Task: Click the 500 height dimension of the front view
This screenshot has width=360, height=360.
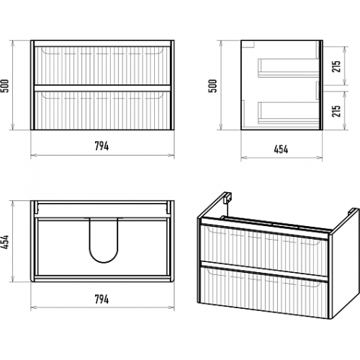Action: coord(5,86)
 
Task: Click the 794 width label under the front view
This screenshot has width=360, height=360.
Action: coord(102,146)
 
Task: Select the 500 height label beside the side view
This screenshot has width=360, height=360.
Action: coord(212,86)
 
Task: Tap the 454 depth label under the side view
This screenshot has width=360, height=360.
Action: coord(281,149)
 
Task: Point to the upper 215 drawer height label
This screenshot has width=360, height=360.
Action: coord(336,66)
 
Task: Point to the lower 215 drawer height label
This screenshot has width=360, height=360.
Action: coord(336,111)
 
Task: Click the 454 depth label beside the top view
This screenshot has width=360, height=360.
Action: coord(5,241)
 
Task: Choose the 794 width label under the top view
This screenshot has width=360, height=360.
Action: coord(102,300)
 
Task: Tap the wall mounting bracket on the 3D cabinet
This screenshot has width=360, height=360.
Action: coord(228,197)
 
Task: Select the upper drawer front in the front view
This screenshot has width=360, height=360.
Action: coord(102,66)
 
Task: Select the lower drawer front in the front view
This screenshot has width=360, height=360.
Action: coord(102,110)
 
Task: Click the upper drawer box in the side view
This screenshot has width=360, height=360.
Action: coord(289,68)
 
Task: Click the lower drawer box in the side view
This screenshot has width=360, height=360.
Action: coord(289,113)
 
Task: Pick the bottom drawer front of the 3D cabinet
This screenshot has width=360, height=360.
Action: coord(264,291)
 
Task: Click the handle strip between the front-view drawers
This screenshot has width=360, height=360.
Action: coord(102,88)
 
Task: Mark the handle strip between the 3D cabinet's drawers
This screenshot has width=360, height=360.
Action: coord(264,271)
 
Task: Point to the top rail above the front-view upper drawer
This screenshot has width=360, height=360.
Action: coord(102,43)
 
